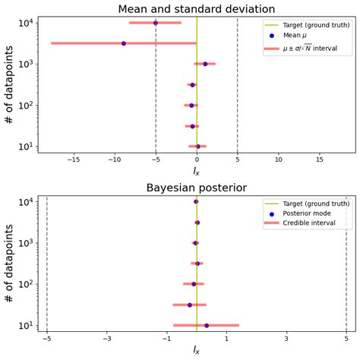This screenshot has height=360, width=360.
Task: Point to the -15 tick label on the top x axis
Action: (74, 160)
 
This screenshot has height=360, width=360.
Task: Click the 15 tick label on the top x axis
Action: (320, 160)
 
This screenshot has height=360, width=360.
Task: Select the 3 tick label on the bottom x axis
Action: (286, 339)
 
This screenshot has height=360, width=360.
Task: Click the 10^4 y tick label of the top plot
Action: (25, 23)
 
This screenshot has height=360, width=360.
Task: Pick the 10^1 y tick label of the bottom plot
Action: (25, 326)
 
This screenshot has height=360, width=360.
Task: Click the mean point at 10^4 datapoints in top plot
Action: (156, 23)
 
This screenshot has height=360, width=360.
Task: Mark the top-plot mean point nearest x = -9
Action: (124, 43)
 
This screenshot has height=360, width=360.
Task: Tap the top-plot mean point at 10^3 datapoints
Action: (205, 64)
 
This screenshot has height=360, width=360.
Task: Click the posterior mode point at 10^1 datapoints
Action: (207, 325)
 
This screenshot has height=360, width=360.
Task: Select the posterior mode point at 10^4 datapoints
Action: (196, 201)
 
